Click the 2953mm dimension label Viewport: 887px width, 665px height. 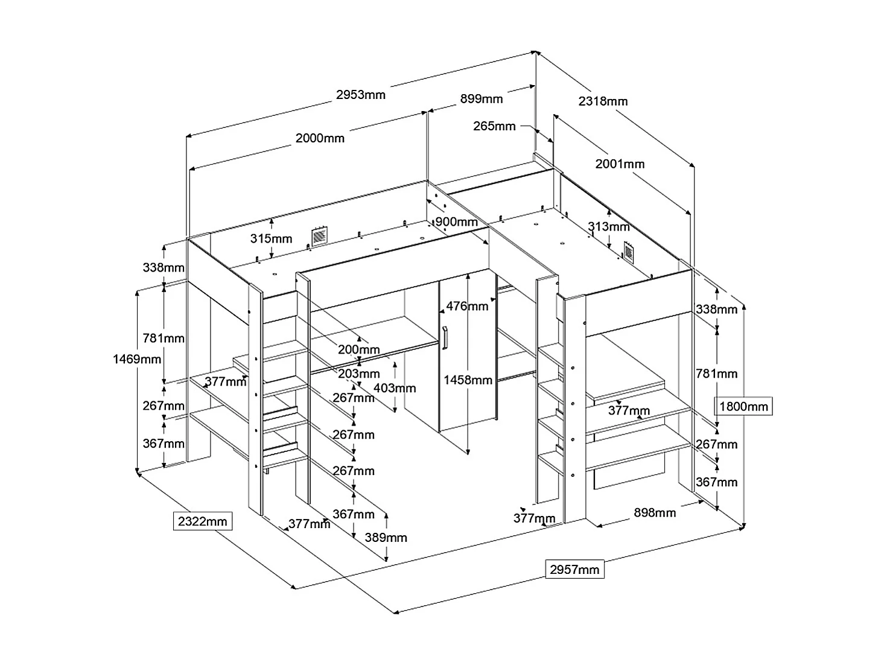click(361, 95)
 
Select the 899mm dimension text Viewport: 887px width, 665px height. click(481, 99)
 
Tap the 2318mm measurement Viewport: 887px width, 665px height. click(603, 101)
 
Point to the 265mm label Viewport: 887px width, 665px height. click(494, 126)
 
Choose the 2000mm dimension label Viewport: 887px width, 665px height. click(320, 138)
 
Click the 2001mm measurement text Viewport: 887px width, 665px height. click(620, 164)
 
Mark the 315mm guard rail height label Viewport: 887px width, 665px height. click(271, 238)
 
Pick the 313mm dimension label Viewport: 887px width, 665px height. click(608, 227)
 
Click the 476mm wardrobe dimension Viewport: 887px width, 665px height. click(467, 306)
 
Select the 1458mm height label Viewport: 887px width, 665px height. click(468, 380)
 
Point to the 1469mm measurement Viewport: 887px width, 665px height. click(137, 359)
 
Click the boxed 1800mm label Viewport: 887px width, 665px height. click(744, 406)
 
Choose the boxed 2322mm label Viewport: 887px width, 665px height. click(203, 521)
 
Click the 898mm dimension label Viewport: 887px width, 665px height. click(655, 512)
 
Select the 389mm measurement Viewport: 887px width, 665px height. click(386, 538)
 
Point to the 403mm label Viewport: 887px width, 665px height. click(395, 388)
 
